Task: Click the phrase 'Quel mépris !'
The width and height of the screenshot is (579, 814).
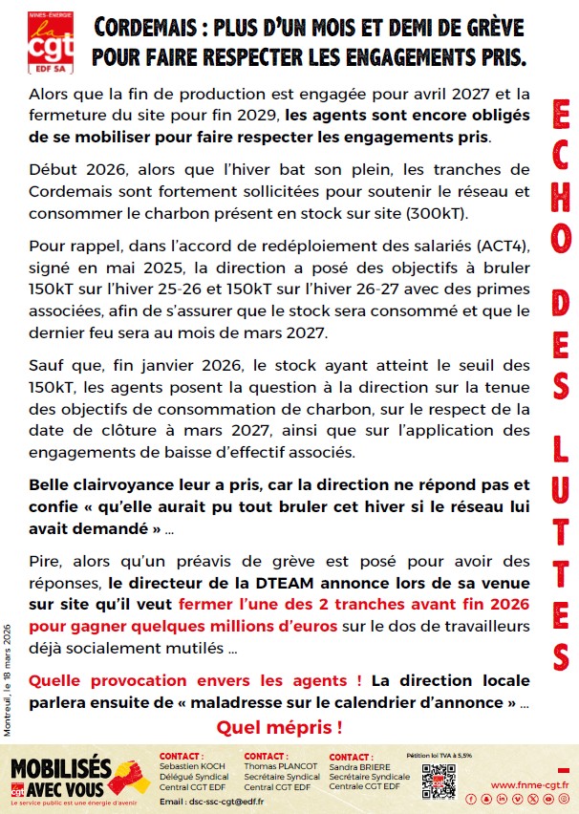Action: click(279, 727)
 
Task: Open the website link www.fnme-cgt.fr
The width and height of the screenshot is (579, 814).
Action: click(529, 784)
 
